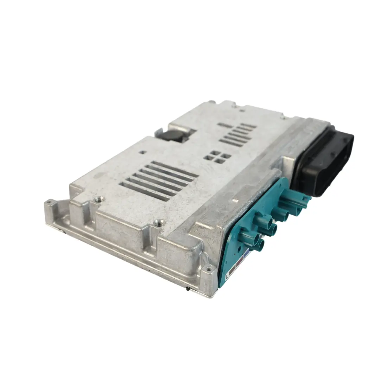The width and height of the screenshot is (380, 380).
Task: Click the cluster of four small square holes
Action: click(x=216, y=157)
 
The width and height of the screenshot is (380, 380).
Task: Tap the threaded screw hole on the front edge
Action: click(x=159, y=222)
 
